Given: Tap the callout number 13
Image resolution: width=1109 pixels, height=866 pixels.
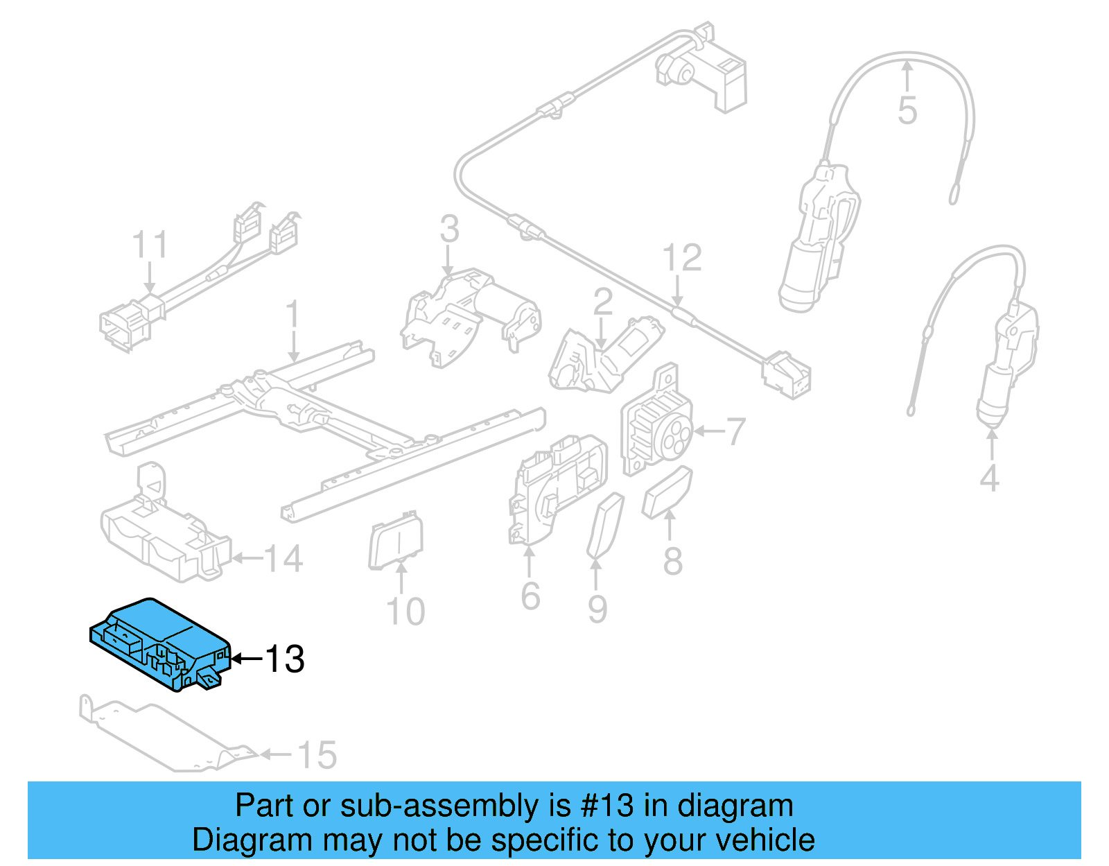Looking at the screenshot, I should (x=285, y=659).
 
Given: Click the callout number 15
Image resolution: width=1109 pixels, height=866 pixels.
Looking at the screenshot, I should (x=317, y=755).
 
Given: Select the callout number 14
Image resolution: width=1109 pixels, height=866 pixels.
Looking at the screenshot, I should (x=283, y=558).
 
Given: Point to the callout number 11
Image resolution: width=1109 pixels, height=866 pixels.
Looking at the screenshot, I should (x=150, y=245).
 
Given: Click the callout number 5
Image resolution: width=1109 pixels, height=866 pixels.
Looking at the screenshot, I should (x=907, y=111).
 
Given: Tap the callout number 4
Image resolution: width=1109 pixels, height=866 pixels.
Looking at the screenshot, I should (x=990, y=478).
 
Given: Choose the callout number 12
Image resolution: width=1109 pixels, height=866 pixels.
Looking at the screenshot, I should (x=682, y=258).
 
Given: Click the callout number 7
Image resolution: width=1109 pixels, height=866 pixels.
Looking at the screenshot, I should (x=735, y=431).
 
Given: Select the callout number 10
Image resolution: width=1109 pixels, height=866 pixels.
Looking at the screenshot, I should (x=405, y=612).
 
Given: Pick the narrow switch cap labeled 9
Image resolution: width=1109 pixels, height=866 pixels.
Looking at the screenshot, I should (x=605, y=526).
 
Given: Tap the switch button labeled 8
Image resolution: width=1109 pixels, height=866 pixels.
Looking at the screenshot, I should (x=667, y=492).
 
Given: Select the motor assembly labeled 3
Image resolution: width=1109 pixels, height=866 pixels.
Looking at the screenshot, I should (x=471, y=315).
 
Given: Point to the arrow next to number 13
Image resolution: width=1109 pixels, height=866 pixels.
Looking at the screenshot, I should (x=245, y=659).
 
